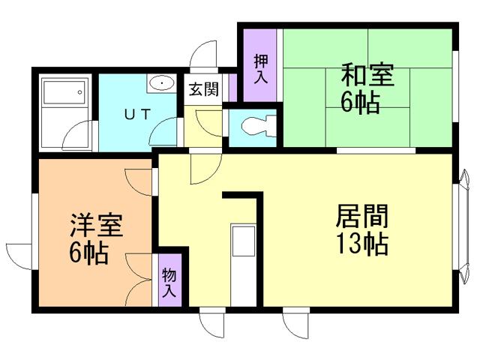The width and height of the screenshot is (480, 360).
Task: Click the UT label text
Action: tap(137, 115)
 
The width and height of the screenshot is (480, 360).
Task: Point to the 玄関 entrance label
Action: tap(202, 90)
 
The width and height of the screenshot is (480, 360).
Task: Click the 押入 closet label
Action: tap(260, 68)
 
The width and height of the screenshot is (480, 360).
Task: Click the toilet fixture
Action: tap(253, 128)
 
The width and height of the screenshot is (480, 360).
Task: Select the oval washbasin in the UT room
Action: tap(160, 82)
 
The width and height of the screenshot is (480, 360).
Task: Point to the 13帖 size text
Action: tap(362, 244)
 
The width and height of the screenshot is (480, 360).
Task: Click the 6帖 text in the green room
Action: tap(360, 103)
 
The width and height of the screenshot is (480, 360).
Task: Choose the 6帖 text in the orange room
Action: tap(89, 253)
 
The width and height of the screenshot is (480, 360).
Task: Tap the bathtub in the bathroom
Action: tap(64, 94)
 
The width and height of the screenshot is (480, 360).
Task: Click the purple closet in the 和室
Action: tap(259, 67)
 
